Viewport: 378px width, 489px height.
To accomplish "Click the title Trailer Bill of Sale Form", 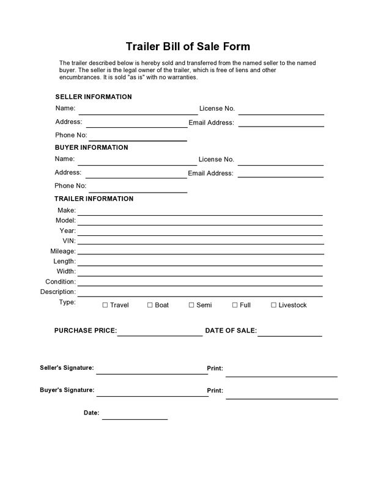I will click(x=188, y=46).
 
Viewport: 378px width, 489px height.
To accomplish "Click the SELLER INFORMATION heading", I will click(x=94, y=97).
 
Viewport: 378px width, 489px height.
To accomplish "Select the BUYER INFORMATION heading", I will click(x=91, y=147).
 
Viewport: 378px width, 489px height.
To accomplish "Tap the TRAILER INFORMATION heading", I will click(x=94, y=199).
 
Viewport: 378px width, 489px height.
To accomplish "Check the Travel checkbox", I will click(x=105, y=305).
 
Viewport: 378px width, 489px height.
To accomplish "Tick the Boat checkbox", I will click(x=150, y=305).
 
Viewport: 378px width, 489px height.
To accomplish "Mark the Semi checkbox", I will click(x=191, y=305).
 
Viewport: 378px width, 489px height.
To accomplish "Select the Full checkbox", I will click(x=234, y=305).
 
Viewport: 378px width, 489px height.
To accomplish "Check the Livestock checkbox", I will click(x=273, y=305).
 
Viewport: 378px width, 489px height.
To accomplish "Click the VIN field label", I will click(x=69, y=241).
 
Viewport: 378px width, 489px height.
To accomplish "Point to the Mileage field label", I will click(x=63, y=251).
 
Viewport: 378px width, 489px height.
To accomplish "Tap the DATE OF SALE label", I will click(x=231, y=331).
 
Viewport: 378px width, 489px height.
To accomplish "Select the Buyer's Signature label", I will click(x=67, y=389).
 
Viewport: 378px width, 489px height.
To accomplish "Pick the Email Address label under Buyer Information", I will click(x=210, y=173).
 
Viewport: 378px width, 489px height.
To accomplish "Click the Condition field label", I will click(x=61, y=282).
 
